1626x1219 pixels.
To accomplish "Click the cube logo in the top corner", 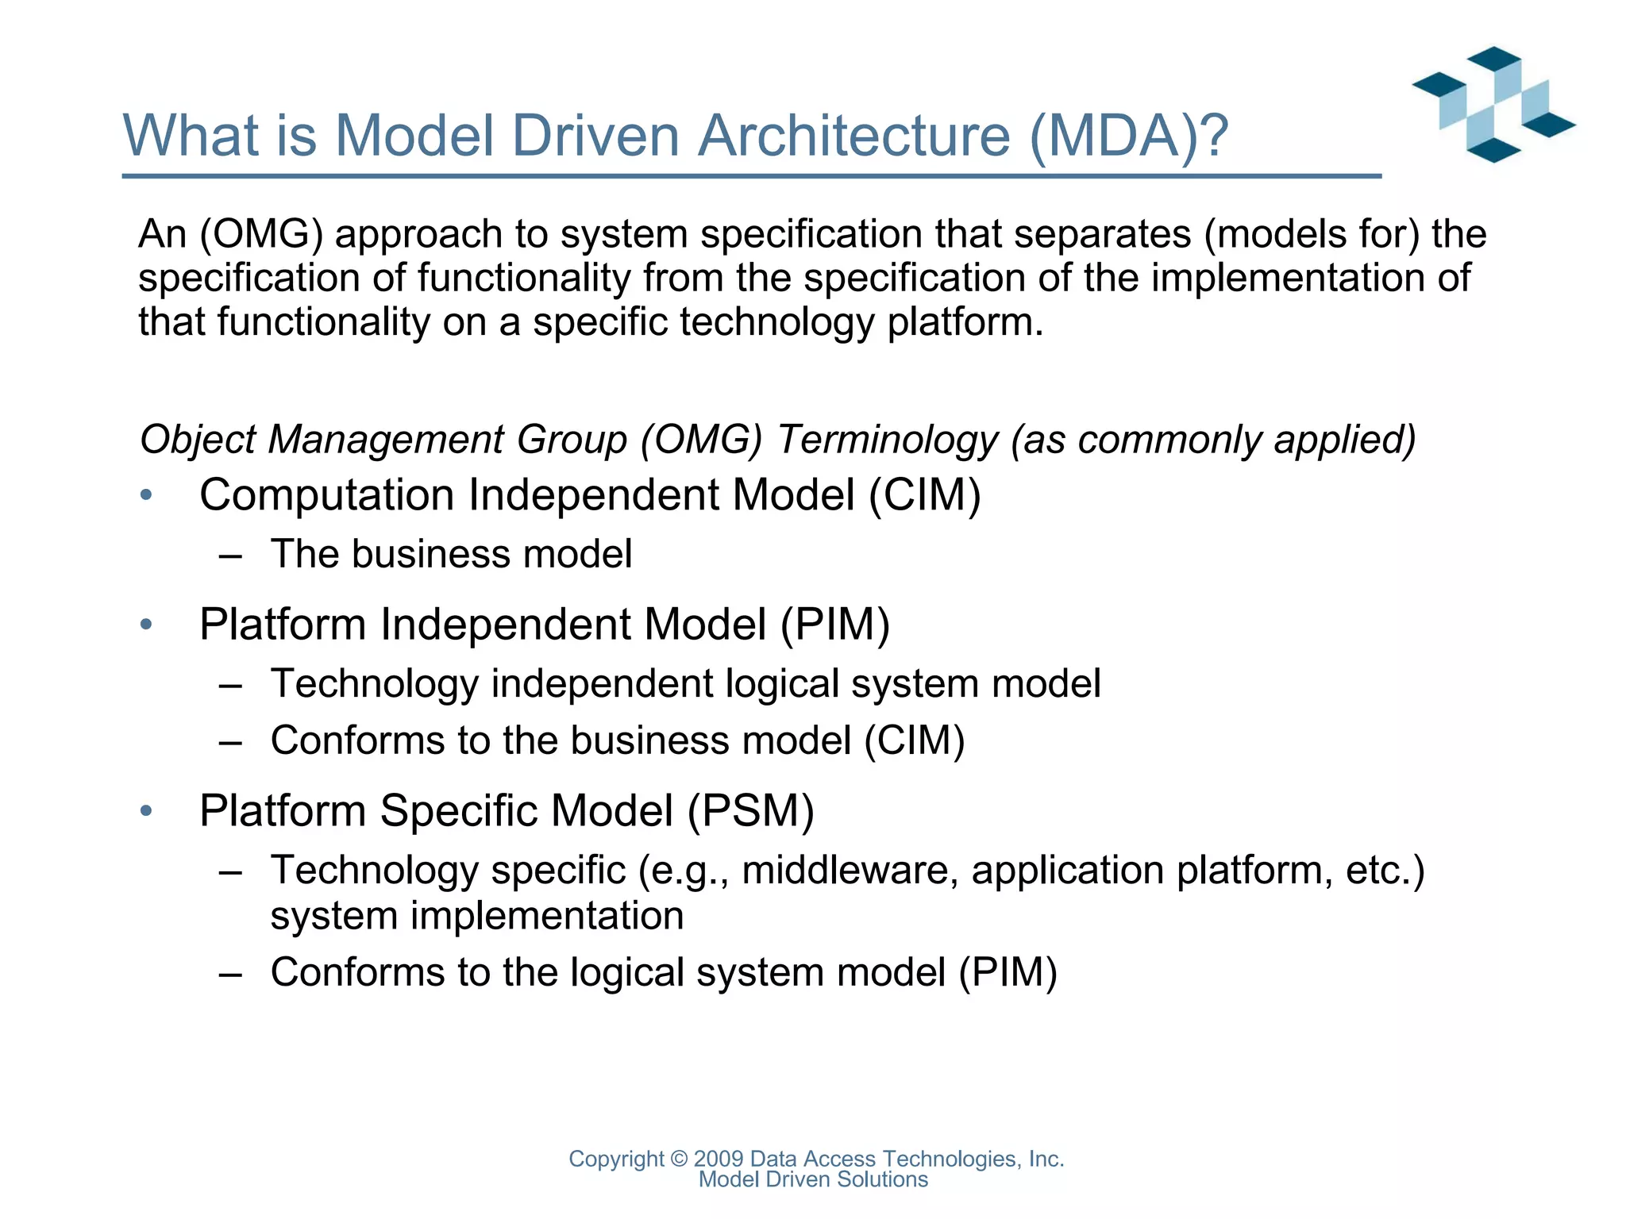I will [x=1493, y=105].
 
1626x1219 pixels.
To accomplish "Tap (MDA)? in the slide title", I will [x=1128, y=136].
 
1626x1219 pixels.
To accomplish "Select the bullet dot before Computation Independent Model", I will [x=145, y=496].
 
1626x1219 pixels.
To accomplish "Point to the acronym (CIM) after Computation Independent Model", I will [x=924, y=495].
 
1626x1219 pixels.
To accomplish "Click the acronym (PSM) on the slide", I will [x=750, y=811].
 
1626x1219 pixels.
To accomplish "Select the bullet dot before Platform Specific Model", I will [x=145, y=811].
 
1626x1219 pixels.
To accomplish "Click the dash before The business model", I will [x=230, y=556].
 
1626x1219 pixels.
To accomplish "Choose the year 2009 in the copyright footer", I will [x=719, y=1159].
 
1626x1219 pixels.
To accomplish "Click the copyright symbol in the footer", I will [x=679, y=1159].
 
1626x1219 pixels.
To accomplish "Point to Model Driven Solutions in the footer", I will [x=813, y=1180].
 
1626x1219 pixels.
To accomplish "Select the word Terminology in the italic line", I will [x=888, y=440].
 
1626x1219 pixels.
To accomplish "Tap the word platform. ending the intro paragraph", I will [x=965, y=322].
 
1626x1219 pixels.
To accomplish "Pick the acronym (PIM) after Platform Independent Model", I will [x=834, y=625].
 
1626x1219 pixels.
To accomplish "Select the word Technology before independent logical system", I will [x=375, y=684].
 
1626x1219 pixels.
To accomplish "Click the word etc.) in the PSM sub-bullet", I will [x=1385, y=871].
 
